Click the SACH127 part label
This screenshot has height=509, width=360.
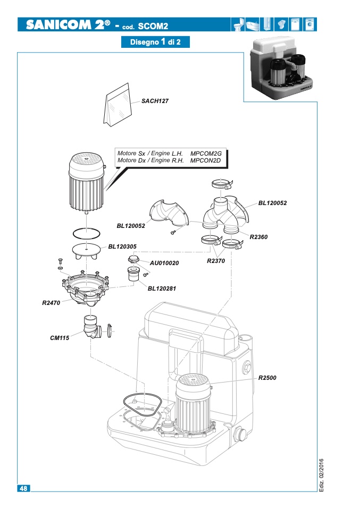(155, 101)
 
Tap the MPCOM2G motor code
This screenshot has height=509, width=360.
(206, 154)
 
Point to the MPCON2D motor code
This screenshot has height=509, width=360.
(205, 160)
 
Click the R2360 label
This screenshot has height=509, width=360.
(258, 237)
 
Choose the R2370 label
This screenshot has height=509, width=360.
(216, 261)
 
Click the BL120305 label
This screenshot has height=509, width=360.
(122, 247)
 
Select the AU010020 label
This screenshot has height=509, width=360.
(164, 263)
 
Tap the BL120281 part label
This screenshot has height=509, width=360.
(162, 289)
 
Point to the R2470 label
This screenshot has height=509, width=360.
(51, 303)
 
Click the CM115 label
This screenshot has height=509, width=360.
(60, 338)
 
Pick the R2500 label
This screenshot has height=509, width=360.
(267, 378)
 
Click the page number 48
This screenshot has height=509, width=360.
(24, 488)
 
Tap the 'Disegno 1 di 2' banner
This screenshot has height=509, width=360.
(155, 42)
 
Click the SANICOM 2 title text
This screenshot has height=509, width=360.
(68, 24)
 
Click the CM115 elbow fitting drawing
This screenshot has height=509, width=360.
(93, 327)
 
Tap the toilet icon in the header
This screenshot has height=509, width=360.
(238, 24)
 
